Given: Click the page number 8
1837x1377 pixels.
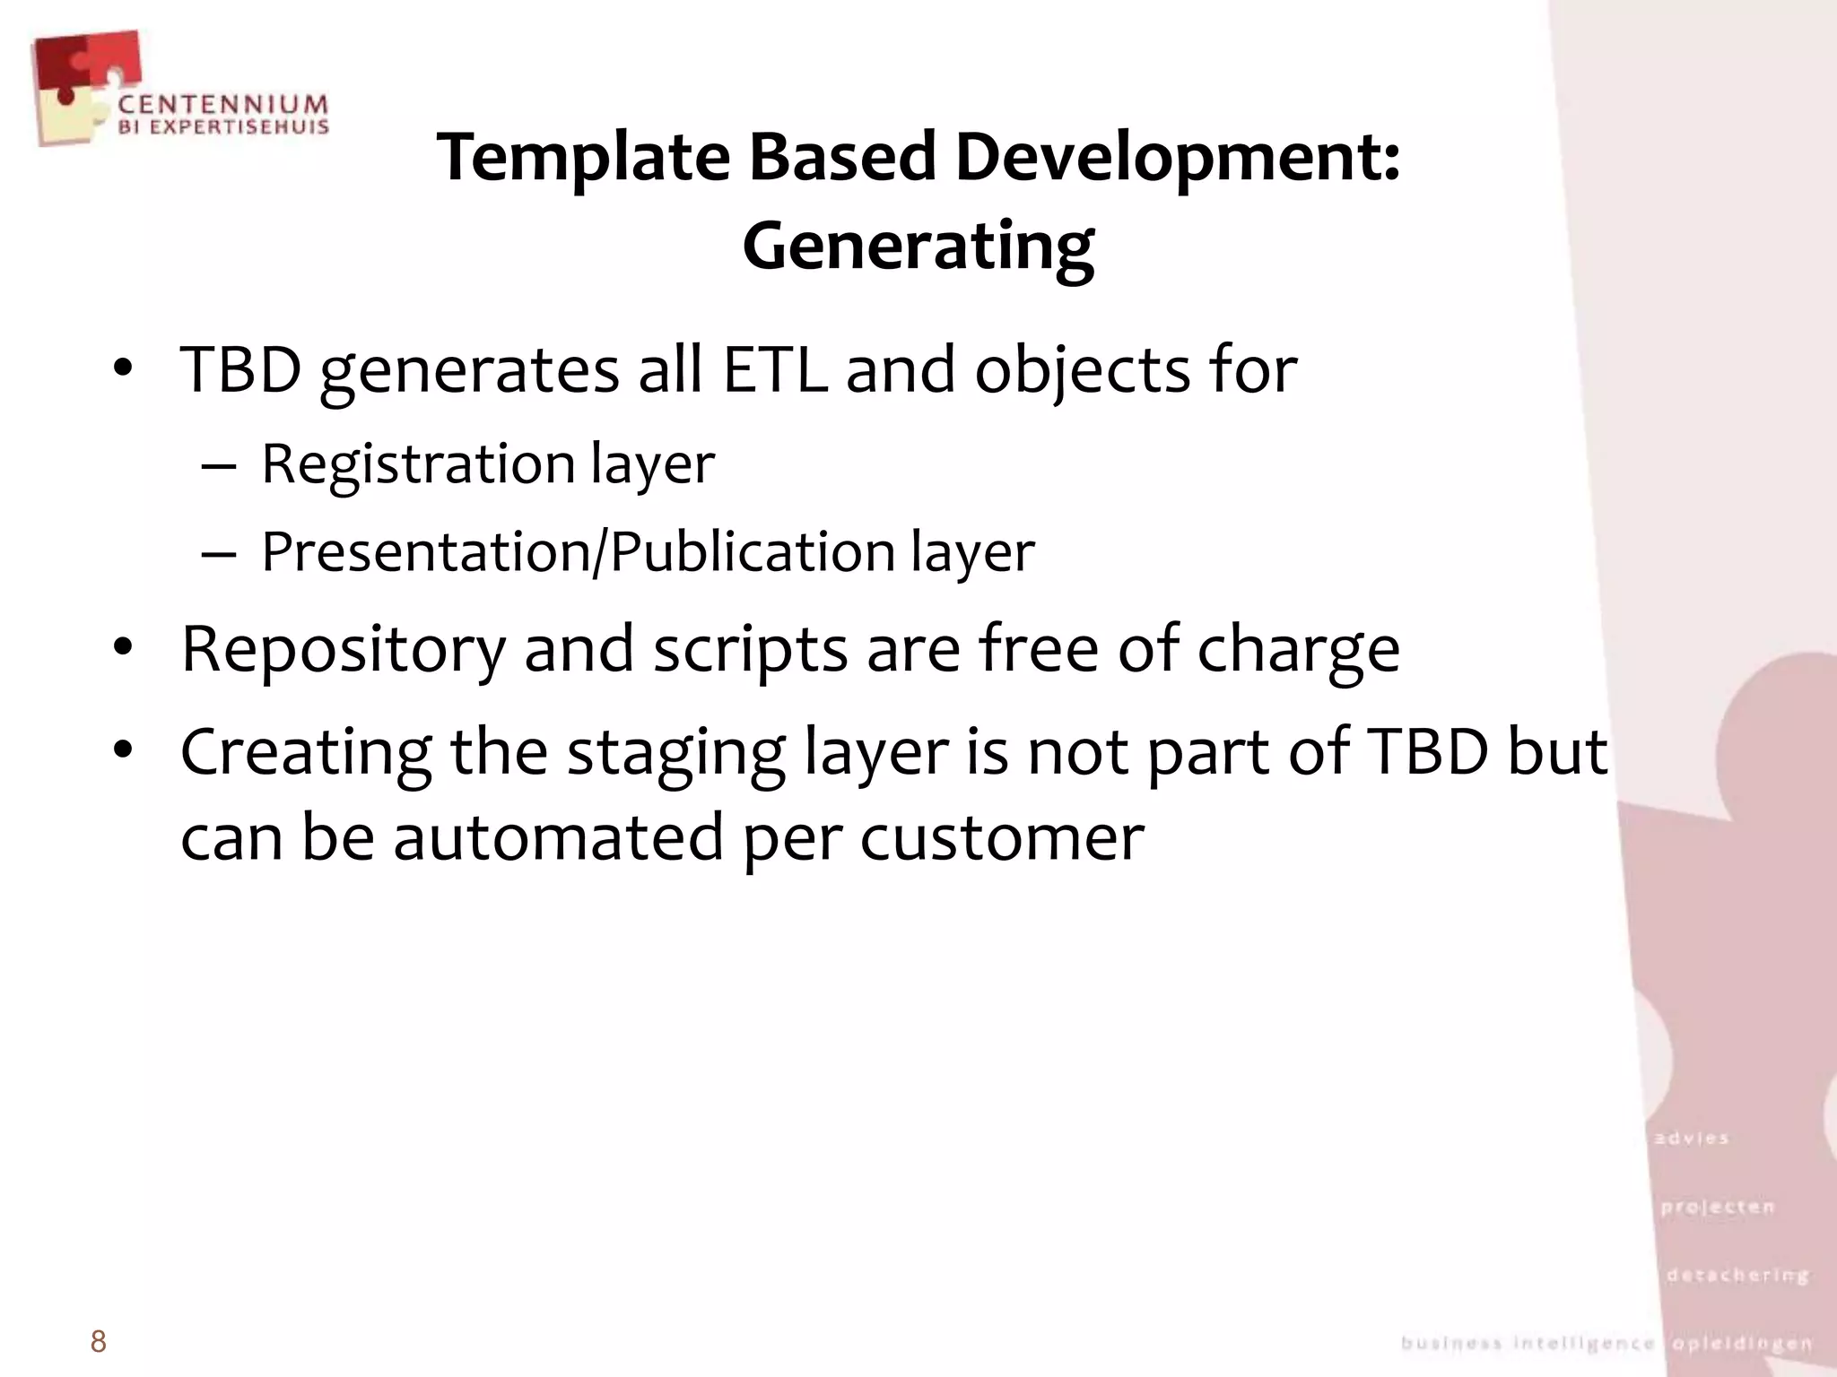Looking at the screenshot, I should [x=99, y=1342].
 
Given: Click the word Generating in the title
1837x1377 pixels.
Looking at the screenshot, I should [x=918, y=246].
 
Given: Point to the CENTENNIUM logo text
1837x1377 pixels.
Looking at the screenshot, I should [x=223, y=106].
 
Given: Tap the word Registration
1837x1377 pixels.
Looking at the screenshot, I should [x=418, y=464].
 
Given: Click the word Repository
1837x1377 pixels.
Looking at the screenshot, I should [x=344, y=649].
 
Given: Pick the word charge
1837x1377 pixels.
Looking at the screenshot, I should [x=1298, y=649].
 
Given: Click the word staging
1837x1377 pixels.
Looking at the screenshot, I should [x=676, y=753].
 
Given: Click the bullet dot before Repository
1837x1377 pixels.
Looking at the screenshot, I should [x=123, y=647].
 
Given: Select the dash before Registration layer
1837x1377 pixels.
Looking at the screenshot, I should [x=219, y=466].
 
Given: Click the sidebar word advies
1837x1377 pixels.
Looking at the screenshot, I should [x=1692, y=1139].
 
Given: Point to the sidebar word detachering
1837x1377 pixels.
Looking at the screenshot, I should [x=1737, y=1275].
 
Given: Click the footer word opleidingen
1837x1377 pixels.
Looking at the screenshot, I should [x=1743, y=1344].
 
